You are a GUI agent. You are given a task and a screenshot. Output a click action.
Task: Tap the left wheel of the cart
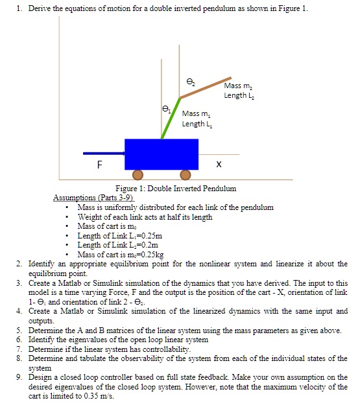point(138,174)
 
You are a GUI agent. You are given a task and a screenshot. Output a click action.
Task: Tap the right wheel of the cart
point(185,174)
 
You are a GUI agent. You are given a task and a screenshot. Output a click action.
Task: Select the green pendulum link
point(170,119)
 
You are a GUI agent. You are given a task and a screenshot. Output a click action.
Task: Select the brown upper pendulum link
point(206,84)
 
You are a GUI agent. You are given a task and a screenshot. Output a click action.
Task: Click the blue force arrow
point(104,154)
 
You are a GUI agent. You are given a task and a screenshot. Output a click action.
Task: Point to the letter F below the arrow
point(99,165)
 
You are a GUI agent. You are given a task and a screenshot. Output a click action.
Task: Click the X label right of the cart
point(219,165)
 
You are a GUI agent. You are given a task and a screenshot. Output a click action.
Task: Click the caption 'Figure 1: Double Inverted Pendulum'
point(175,189)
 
